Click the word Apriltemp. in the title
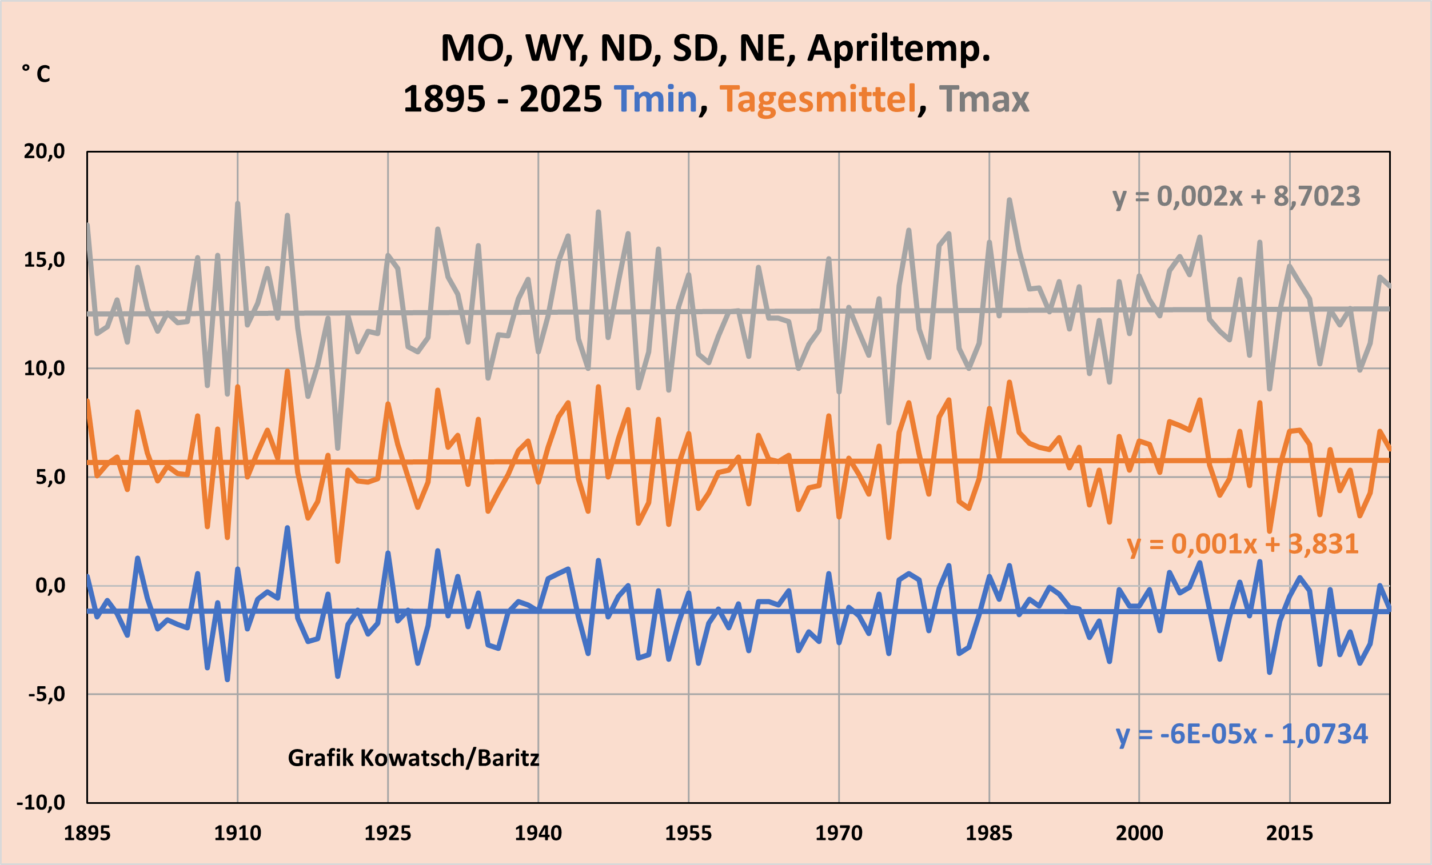coord(899,49)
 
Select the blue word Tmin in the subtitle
coord(656,99)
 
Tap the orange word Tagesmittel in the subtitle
coord(817,99)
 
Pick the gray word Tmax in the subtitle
coord(983,99)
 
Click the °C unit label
coord(36,74)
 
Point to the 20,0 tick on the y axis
coord(44,151)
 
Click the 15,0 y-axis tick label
coord(44,261)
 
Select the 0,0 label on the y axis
coord(50,586)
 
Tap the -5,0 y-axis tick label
coord(46,694)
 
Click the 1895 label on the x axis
coord(86,834)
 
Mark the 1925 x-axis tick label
coord(388,834)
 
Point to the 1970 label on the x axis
coord(839,834)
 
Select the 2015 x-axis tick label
coord(1290,834)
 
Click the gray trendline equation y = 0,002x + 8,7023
coord(1236,197)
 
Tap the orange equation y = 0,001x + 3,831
coord(1243,544)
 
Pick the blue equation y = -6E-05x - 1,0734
coord(1242,734)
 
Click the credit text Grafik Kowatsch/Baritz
coord(413,758)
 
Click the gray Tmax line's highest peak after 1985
coord(1010,201)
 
